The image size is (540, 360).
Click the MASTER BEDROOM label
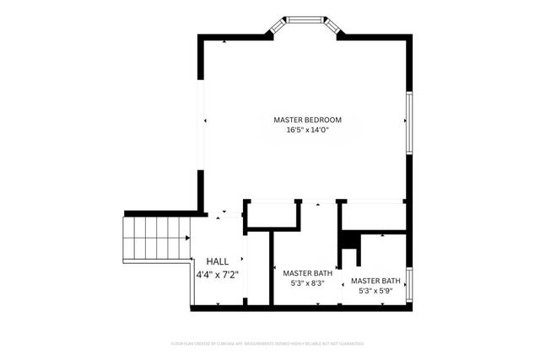coord(307,120)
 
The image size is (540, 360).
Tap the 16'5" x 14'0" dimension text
coord(307,131)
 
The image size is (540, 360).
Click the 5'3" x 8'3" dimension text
coord(307,284)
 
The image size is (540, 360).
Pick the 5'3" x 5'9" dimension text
coord(375,292)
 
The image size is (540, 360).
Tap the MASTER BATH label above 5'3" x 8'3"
coord(307,273)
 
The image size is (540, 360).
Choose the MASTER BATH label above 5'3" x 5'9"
coord(375,281)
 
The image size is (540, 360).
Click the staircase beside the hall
coord(156,239)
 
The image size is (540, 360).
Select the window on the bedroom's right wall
coord(408,123)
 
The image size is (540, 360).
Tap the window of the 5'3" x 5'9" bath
coord(408,285)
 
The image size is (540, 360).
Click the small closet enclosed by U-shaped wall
coord(273,216)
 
